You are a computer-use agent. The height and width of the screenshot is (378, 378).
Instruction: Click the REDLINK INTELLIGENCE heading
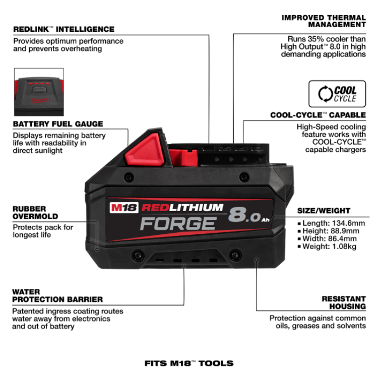pos(64,29)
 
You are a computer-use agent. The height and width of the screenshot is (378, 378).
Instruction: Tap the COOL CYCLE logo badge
pos(337,94)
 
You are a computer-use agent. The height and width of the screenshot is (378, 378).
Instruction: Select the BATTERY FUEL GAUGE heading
pos(58,124)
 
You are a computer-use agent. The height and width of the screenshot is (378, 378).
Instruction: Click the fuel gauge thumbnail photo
pos(39,92)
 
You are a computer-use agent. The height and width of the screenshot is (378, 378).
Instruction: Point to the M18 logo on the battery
pos(124,208)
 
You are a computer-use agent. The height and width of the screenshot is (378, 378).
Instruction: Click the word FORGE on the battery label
pos(178,223)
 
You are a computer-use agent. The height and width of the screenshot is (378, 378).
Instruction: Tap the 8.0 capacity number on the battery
pos(244,215)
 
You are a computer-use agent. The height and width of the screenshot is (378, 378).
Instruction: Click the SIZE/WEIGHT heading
pos(324,211)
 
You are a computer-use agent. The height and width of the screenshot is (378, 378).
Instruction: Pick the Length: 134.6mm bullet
pos(331,223)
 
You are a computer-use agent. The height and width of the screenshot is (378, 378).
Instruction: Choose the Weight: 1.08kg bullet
pos(327,246)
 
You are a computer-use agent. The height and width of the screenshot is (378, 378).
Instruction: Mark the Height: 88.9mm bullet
pos(328,231)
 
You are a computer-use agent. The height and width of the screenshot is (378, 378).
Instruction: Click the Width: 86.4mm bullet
pos(327,239)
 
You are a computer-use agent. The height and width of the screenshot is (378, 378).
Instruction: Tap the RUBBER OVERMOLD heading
pos(35,213)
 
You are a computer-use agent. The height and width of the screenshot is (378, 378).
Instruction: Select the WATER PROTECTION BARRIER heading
pos(57,295)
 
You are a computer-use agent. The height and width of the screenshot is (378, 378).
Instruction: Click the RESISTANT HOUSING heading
pos(344,302)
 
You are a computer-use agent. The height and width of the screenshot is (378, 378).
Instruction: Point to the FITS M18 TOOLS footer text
pos(189,363)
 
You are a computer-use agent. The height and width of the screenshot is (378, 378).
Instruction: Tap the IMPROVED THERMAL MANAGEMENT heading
pos(324,21)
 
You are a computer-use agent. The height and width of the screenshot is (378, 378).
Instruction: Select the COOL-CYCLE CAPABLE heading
pos(318,115)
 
